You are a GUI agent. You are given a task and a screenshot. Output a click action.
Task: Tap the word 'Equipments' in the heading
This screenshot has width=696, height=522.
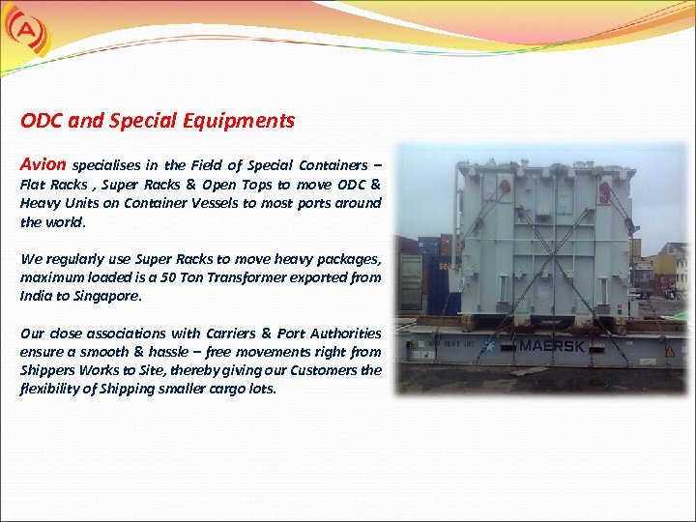pyautogui.click(x=245, y=122)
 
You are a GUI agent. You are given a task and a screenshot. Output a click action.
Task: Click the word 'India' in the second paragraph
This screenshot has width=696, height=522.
pyautogui.click(x=35, y=296)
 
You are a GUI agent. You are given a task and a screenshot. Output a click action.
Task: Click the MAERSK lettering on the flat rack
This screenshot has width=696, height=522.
pyautogui.click(x=552, y=345)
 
